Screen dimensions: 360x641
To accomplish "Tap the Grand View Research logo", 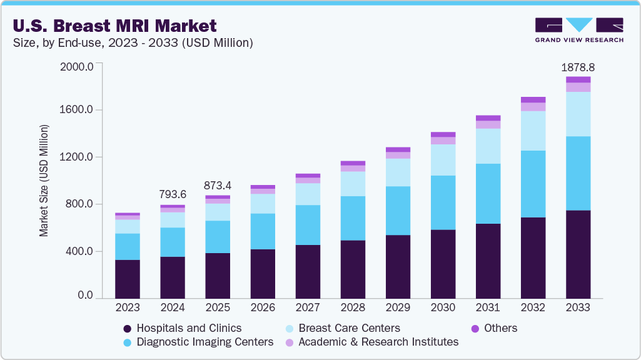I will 578,30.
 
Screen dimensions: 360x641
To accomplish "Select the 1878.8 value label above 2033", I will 578,66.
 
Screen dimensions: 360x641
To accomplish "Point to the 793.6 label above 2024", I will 173,194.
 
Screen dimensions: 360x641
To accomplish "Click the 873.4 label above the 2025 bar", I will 218,186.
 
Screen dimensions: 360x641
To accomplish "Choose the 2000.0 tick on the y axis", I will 77,67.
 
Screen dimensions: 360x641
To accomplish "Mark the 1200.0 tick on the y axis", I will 77,157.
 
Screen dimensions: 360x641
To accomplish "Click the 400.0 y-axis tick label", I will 79,251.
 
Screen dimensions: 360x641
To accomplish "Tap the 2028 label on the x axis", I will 353,308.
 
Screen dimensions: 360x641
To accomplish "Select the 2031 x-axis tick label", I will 488,308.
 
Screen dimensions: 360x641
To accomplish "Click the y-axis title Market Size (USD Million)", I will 44,181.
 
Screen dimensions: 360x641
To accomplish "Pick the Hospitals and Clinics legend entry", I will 182,328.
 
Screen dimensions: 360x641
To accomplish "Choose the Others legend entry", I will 493,328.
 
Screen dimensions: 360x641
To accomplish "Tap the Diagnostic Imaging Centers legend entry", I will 198,342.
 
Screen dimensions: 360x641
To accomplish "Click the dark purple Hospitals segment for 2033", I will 578,254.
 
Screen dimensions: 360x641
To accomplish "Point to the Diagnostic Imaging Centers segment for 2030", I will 443,202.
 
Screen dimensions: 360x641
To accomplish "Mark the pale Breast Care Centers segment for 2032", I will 533,131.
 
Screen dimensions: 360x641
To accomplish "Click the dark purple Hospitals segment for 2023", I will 128,279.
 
